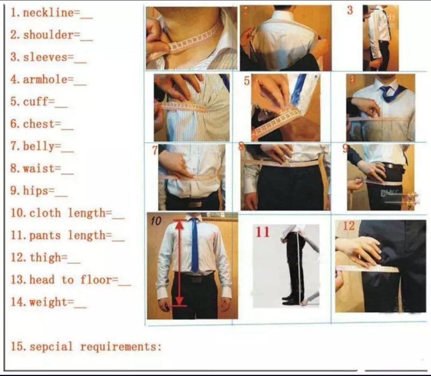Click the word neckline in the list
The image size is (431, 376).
(48, 13)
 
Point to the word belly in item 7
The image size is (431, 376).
(39, 146)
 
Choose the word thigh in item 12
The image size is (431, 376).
(45, 257)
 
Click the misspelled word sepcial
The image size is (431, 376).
(51, 346)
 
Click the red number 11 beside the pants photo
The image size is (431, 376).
(262, 232)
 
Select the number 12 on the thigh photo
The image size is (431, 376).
(348, 226)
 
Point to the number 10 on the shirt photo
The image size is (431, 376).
(156, 221)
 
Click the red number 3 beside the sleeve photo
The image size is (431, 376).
(350, 10)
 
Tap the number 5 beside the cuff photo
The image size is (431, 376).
(247, 81)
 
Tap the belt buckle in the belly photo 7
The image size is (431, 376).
(194, 204)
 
